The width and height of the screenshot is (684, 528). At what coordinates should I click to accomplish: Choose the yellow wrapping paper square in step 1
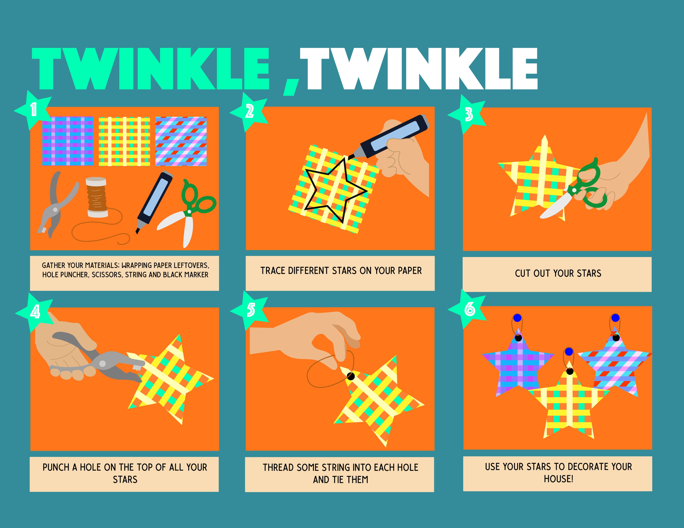(x=124, y=141)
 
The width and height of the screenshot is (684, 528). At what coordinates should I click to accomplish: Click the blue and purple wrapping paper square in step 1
(x=68, y=141)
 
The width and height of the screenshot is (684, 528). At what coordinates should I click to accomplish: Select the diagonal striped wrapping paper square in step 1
(x=181, y=141)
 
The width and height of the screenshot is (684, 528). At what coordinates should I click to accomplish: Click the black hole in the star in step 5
(x=351, y=376)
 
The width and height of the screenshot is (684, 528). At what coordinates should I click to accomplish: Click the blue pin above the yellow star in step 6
(x=569, y=352)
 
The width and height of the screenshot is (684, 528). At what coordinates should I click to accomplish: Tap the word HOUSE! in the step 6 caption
(x=558, y=479)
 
